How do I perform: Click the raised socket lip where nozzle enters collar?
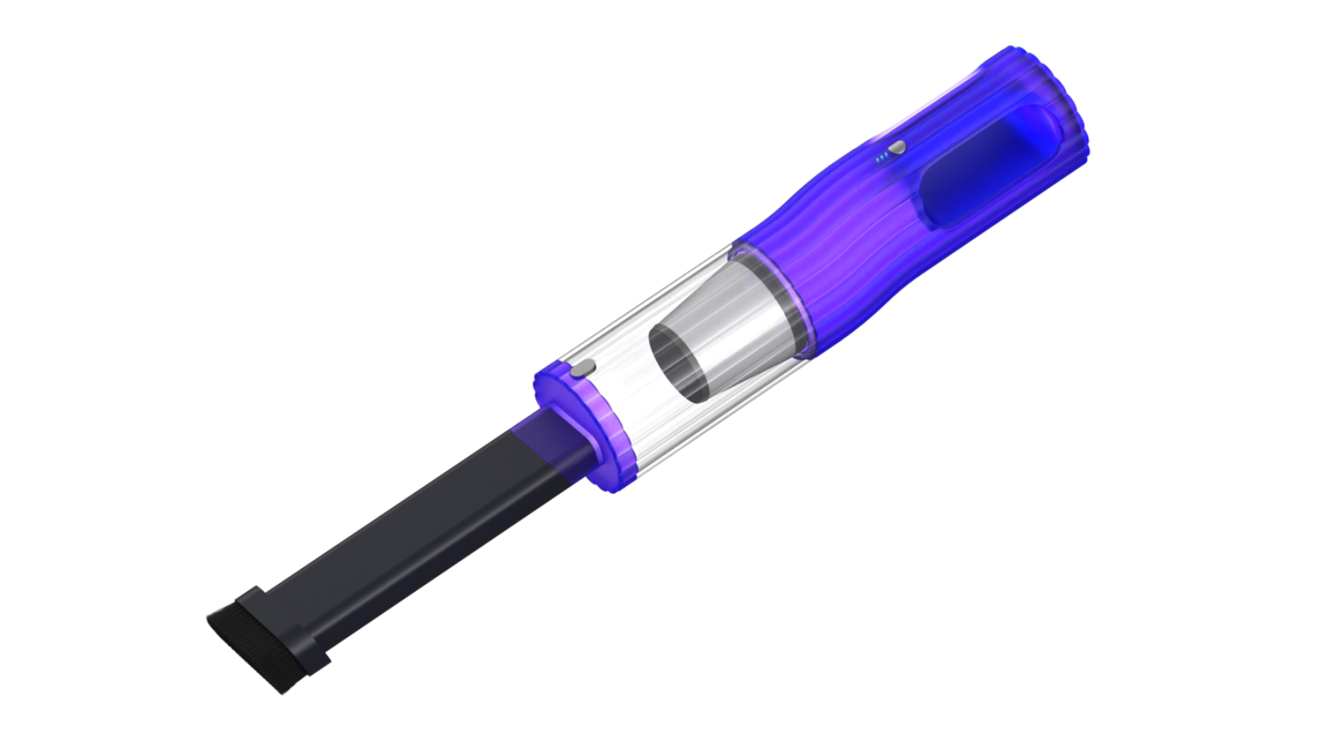point(574,433)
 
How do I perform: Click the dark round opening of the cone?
point(678,365)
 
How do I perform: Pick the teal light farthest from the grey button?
point(878,161)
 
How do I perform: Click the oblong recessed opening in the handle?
point(981,167)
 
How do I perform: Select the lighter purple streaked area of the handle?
point(845,229)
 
